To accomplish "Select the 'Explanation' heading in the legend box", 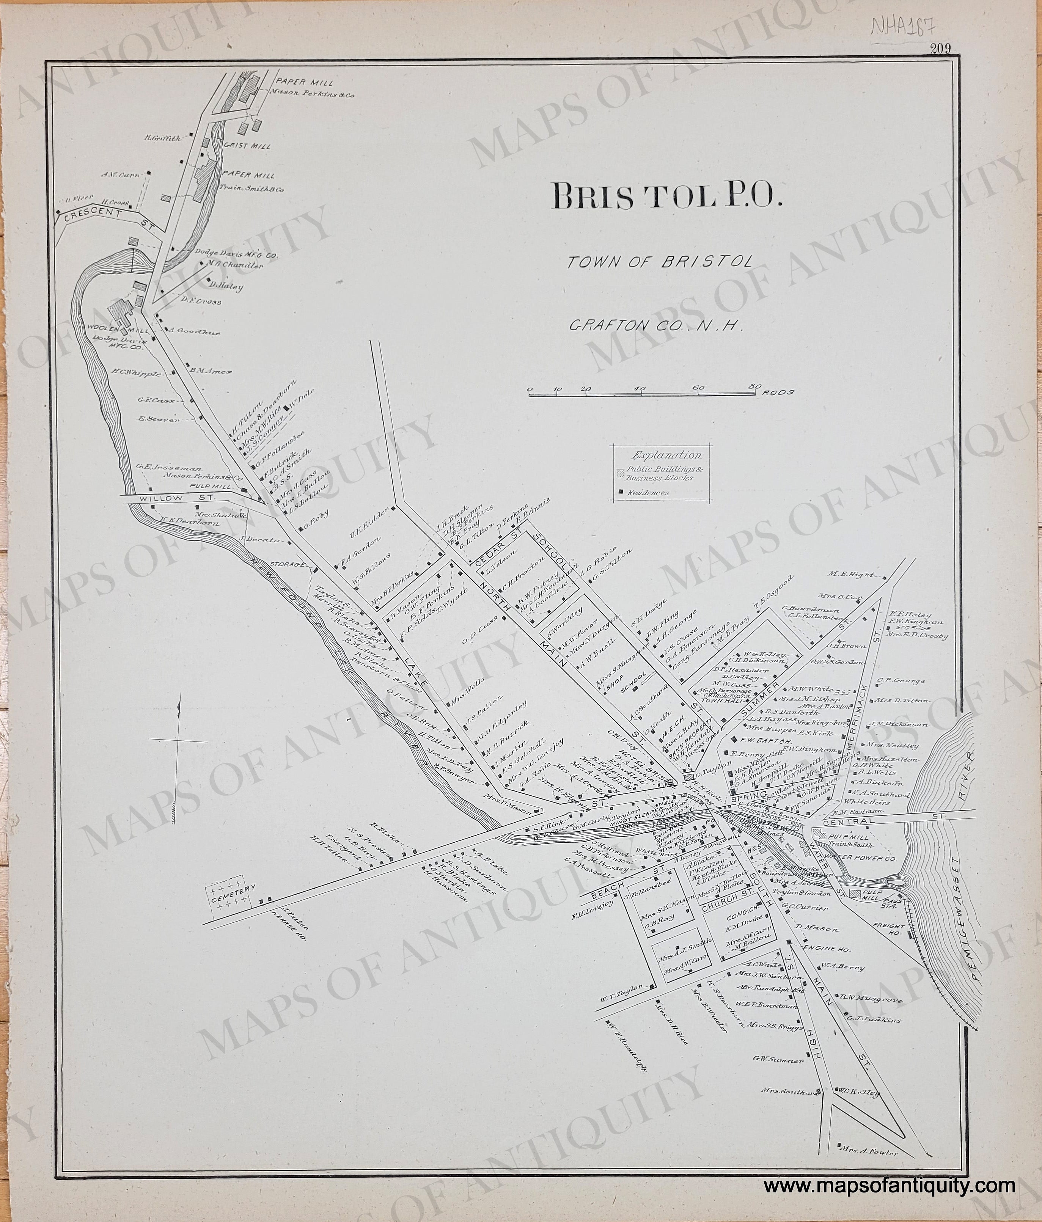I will tap(667, 455).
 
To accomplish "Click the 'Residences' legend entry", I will tap(648, 492).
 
